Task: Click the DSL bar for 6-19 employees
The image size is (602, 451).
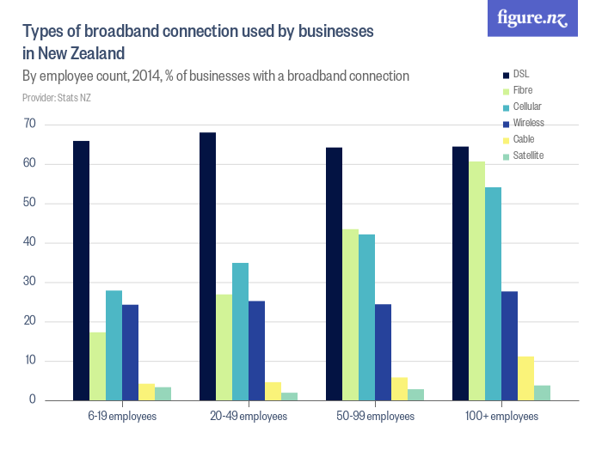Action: tap(81, 271)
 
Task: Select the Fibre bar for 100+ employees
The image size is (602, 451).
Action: tap(477, 281)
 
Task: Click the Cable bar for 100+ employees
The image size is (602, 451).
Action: tap(525, 378)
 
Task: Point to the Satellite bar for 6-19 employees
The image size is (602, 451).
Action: tap(163, 393)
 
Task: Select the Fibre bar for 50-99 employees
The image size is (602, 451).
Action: tap(350, 314)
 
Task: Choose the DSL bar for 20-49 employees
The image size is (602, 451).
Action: tap(207, 266)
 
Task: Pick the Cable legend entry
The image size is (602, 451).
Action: tap(523, 139)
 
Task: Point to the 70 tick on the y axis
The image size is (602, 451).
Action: tap(30, 125)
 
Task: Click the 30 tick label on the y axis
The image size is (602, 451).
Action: tap(30, 283)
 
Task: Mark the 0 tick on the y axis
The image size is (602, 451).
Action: tap(33, 400)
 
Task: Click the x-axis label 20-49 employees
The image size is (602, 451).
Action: tap(248, 417)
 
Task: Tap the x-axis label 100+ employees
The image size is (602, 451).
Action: tap(501, 417)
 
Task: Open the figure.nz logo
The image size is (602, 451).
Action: tap(532, 18)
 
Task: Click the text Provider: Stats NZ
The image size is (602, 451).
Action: tap(56, 98)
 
